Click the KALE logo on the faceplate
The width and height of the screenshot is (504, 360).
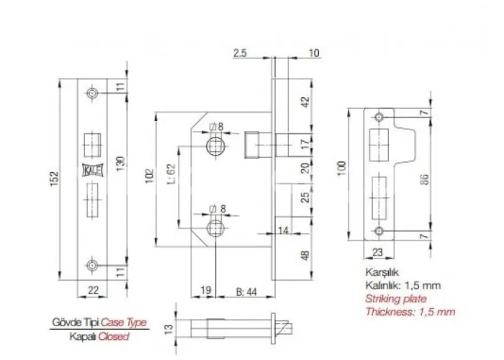(x=93, y=170)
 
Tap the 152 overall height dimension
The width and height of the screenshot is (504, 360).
(x=55, y=179)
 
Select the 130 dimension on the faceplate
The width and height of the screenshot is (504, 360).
(x=120, y=163)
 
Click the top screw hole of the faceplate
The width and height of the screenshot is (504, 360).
(x=93, y=93)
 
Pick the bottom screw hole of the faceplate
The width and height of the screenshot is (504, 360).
(x=93, y=266)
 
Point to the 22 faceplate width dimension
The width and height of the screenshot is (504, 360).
(x=93, y=290)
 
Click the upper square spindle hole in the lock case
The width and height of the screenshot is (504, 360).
(x=215, y=146)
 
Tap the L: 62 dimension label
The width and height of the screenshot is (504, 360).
(x=171, y=174)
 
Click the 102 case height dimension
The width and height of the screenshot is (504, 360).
(x=150, y=176)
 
